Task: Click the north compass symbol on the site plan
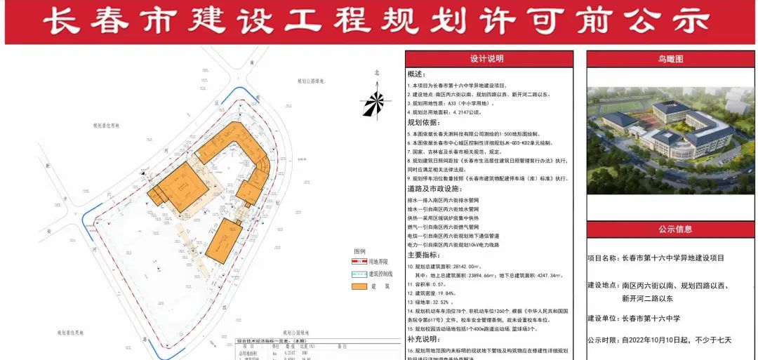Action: [376, 102]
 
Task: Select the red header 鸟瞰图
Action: [670, 59]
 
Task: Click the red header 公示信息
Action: [674, 229]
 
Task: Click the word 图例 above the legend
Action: [359, 251]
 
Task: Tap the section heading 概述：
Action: [417, 74]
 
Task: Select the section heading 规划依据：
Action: [422, 122]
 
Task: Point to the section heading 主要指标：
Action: [425, 255]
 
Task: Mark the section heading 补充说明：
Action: [425, 338]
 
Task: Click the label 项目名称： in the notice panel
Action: [603, 258]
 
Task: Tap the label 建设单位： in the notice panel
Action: [603, 319]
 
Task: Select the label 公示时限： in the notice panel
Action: [603, 340]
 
